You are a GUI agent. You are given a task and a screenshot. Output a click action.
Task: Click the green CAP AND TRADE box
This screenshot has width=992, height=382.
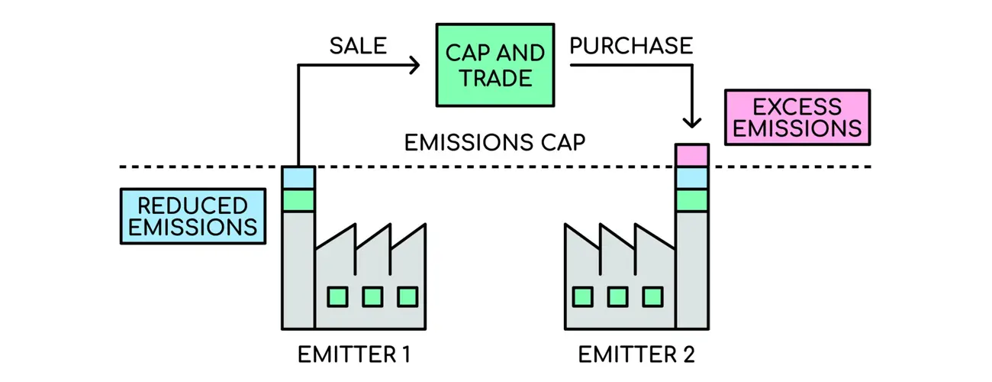click(494, 65)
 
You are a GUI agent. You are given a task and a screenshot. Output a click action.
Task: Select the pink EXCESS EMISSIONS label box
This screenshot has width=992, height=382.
click(797, 118)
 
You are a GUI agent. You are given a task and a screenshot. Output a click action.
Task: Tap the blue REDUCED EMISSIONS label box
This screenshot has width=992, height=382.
click(192, 216)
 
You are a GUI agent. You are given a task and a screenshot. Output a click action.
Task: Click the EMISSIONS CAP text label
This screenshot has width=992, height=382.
click(494, 143)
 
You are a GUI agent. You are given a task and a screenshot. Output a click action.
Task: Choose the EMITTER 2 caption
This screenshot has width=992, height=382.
click(636, 355)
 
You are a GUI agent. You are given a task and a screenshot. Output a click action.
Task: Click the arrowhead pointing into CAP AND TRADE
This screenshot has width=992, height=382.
click(414, 66)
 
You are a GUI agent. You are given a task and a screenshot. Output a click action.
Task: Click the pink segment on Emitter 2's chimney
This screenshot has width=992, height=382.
click(692, 155)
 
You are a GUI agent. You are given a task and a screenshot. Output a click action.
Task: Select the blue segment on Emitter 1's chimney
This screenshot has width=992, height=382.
click(298, 178)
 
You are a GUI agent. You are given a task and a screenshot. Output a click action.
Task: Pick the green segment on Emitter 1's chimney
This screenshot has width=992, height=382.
click(298, 201)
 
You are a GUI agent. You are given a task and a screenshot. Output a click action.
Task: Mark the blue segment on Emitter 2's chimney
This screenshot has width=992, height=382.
click(692, 178)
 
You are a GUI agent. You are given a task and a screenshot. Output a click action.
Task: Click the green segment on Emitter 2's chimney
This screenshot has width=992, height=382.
click(692, 201)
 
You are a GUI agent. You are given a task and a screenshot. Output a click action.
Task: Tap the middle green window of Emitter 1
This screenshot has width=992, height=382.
click(372, 296)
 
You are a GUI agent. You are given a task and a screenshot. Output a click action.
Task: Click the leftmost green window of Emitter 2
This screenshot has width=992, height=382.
click(583, 296)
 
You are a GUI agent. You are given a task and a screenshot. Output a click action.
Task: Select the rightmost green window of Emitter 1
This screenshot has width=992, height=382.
click(407, 296)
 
